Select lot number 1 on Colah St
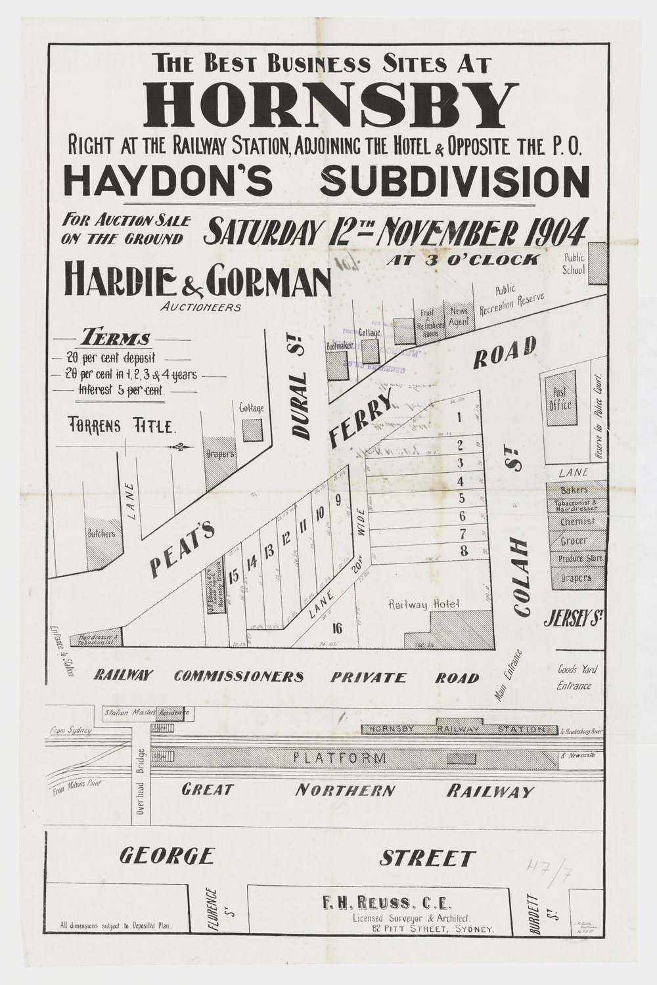460,416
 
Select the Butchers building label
101,534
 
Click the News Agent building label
460,313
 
